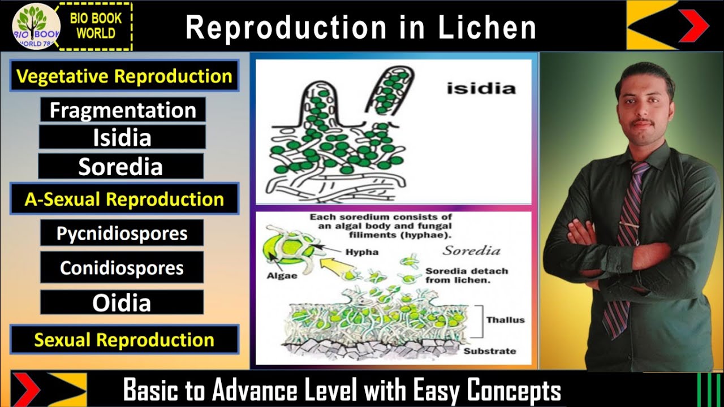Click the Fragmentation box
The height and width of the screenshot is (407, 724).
(122, 110)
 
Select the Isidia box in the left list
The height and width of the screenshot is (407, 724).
(122, 137)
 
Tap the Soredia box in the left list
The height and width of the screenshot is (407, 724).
(120, 167)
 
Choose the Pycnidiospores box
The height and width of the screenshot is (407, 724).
(122, 233)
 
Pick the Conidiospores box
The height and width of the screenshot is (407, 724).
(122, 267)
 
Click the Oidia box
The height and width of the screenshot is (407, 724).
(122, 302)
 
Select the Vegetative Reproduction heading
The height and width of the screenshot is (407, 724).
(124, 76)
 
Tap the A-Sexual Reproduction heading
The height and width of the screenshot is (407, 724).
(124, 199)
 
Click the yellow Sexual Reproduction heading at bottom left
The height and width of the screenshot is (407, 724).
(124, 340)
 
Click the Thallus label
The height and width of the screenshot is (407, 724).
(505, 320)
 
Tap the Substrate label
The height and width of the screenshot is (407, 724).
(490, 351)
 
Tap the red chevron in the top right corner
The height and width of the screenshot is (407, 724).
(693, 25)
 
